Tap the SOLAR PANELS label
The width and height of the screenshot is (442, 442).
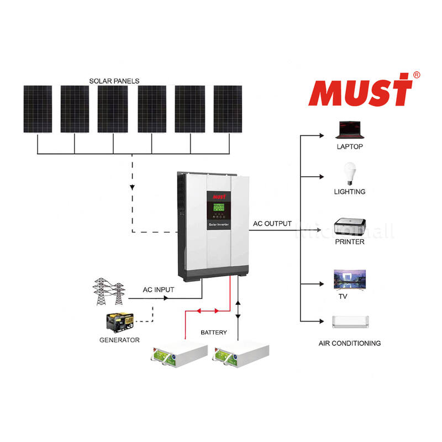(x=114, y=81)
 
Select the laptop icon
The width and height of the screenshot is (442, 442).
(x=349, y=131)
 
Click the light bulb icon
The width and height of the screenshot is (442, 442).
(x=349, y=173)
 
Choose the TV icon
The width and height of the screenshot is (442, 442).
(x=349, y=279)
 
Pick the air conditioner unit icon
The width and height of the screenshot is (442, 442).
(x=349, y=322)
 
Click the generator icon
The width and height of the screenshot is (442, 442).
(x=119, y=322)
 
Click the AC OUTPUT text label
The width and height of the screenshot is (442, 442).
(x=272, y=224)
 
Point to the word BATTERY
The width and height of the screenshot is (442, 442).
(x=213, y=333)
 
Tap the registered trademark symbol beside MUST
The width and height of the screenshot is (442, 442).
(x=417, y=75)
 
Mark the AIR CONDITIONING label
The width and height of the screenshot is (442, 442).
(x=350, y=343)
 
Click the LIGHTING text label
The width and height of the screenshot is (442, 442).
(x=350, y=192)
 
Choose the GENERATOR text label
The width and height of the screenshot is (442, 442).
(x=119, y=340)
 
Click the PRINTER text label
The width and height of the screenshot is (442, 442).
(x=350, y=241)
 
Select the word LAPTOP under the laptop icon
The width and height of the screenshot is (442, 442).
(x=350, y=147)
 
